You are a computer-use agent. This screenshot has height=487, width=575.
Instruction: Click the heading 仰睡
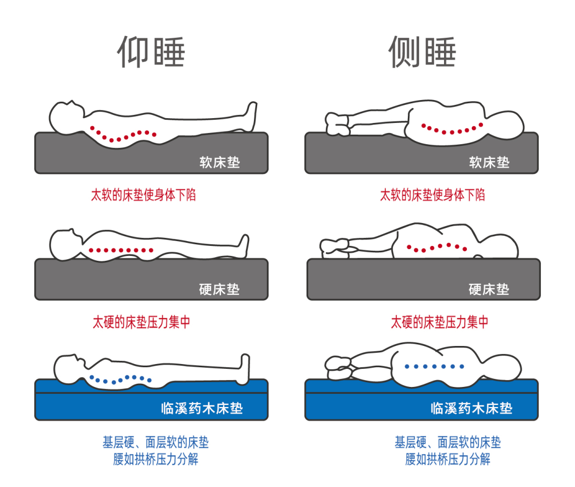pyautogui.click(x=151, y=53)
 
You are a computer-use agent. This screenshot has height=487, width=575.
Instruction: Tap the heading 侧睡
pyautogui.click(x=422, y=53)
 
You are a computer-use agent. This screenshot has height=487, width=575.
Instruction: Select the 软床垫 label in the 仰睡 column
pyautogui.click(x=219, y=162)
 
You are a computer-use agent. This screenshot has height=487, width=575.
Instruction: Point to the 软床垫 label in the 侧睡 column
pyautogui.click(x=489, y=162)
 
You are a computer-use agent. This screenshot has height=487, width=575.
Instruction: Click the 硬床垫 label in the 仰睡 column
pyautogui.click(x=219, y=290)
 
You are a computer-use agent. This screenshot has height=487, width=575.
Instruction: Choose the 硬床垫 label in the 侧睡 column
pyautogui.click(x=489, y=290)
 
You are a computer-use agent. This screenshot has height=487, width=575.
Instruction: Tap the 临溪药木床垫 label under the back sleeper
pyautogui.click(x=202, y=408)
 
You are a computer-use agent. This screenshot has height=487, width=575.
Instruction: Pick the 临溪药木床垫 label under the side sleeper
pyautogui.click(x=471, y=408)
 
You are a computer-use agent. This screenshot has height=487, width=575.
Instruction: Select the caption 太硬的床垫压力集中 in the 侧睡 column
pyautogui.click(x=440, y=322)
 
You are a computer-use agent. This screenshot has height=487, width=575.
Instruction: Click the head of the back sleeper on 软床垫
pyautogui.click(x=66, y=114)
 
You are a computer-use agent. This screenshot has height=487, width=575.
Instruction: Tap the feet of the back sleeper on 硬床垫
pyautogui.click(x=244, y=245)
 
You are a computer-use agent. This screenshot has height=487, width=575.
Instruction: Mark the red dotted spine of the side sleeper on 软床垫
pyautogui.click(x=453, y=129)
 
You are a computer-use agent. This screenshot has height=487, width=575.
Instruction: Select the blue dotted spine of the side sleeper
pyautogui.click(x=433, y=366)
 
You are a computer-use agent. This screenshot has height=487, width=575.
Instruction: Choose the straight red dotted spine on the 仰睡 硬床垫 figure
pyautogui.click(x=121, y=250)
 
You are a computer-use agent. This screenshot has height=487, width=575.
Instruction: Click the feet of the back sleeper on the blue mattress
pyautogui.click(x=244, y=367)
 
